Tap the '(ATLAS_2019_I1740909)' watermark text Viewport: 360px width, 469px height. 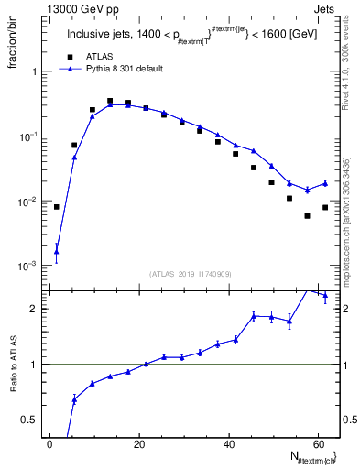pyautogui.click(x=191, y=274)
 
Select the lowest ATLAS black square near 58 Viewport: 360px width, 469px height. pyautogui.click(x=307, y=216)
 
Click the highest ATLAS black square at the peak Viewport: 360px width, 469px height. pyautogui.click(x=110, y=101)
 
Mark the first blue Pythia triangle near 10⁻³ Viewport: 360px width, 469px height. pyautogui.click(x=56, y=251)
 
